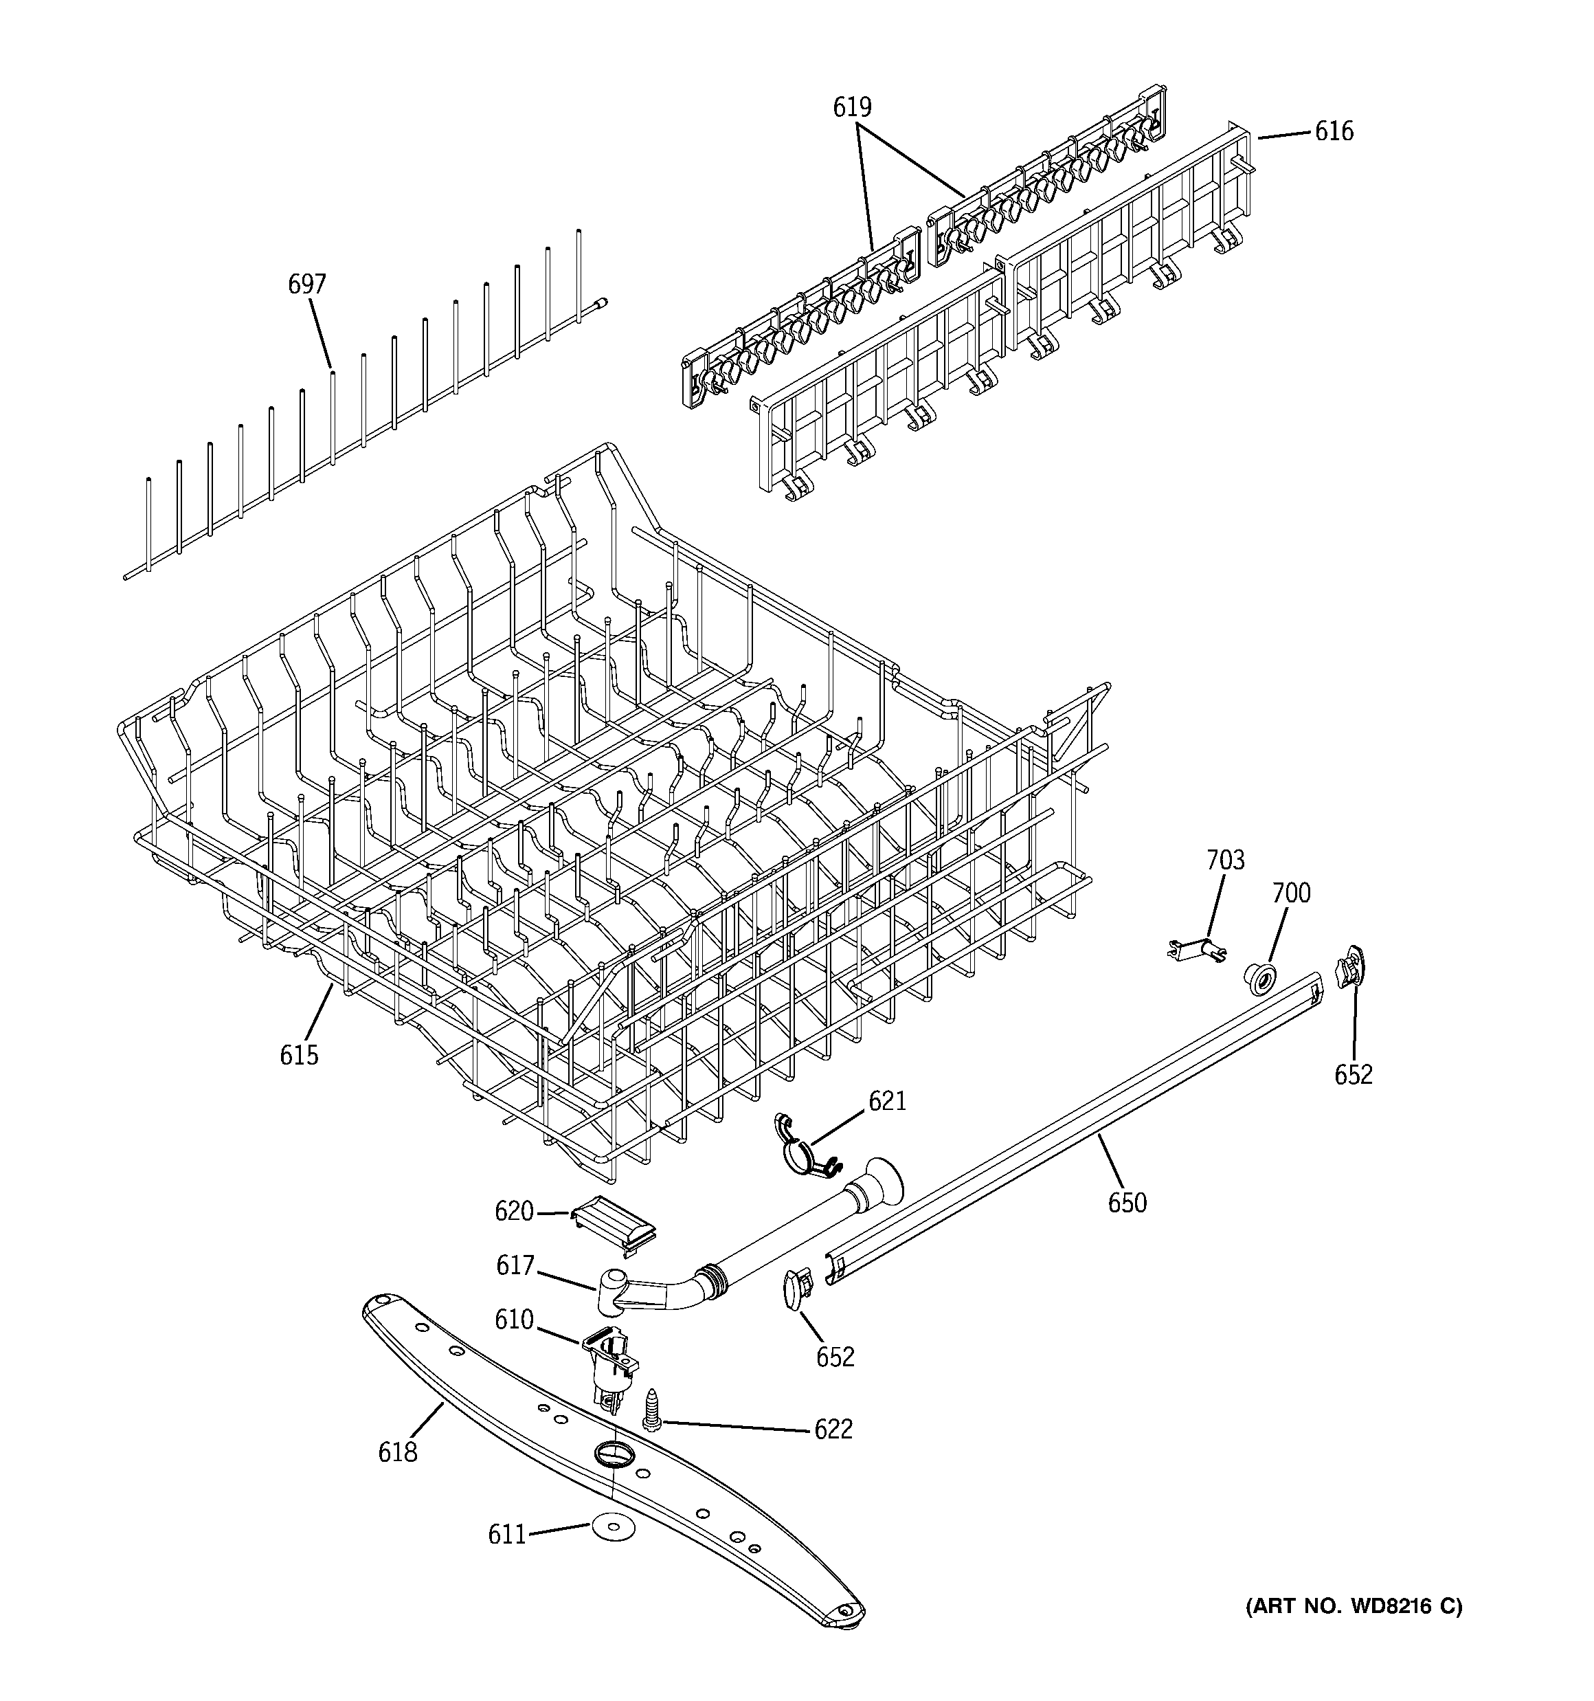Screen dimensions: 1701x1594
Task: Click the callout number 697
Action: pyautogui.click(x=306, y=284)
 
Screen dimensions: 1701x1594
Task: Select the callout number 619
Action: pyautogui.click(x=852, y=108)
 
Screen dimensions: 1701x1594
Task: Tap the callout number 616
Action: pyautogui.click(x=1334, y=131)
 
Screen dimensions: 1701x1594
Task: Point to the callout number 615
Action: pyautogui.click(x=299, y=1055)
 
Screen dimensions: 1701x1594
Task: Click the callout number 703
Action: pyautogui.click(x=1225, y=860)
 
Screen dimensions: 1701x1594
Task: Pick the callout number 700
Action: pyautogui.click(x=1290, y=893)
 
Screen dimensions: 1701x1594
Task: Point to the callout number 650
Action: pyautogui.click(x=1126, y=1203)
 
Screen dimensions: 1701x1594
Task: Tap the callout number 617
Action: pyautogui.click(x=515, y=1265)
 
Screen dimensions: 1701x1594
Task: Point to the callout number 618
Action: pyautogui.click(x=398, y=1452)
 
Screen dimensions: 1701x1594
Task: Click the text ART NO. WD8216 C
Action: pyautogui.click(x=1353, y=1606)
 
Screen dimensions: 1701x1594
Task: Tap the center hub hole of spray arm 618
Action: pyautogui.click(x=611, y=1452)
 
